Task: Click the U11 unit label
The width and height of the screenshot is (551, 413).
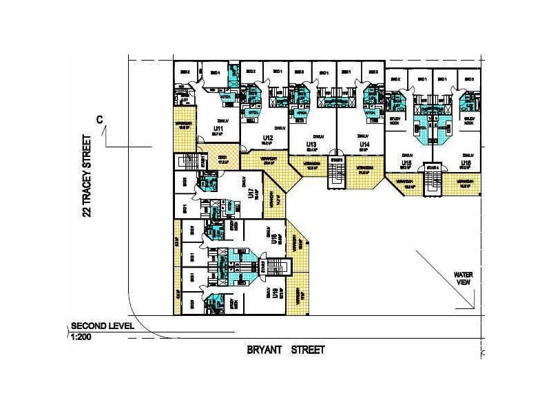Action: pos(218,128)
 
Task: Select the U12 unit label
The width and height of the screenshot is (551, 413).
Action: pos(268,139)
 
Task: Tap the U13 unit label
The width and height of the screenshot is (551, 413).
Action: pos(311,145)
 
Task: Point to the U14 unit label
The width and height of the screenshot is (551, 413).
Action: pos(364,145)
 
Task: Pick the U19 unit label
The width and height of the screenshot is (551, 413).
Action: pos(275,294)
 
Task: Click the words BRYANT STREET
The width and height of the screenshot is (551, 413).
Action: pos(286,350)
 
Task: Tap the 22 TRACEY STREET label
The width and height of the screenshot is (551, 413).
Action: pos(87,176)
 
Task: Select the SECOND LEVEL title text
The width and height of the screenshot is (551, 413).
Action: pos(103,327)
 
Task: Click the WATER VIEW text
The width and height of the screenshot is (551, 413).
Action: pos(462,278)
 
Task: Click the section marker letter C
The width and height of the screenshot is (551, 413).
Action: pos(100,120)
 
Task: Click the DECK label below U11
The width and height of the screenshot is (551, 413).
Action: pos(222,158)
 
